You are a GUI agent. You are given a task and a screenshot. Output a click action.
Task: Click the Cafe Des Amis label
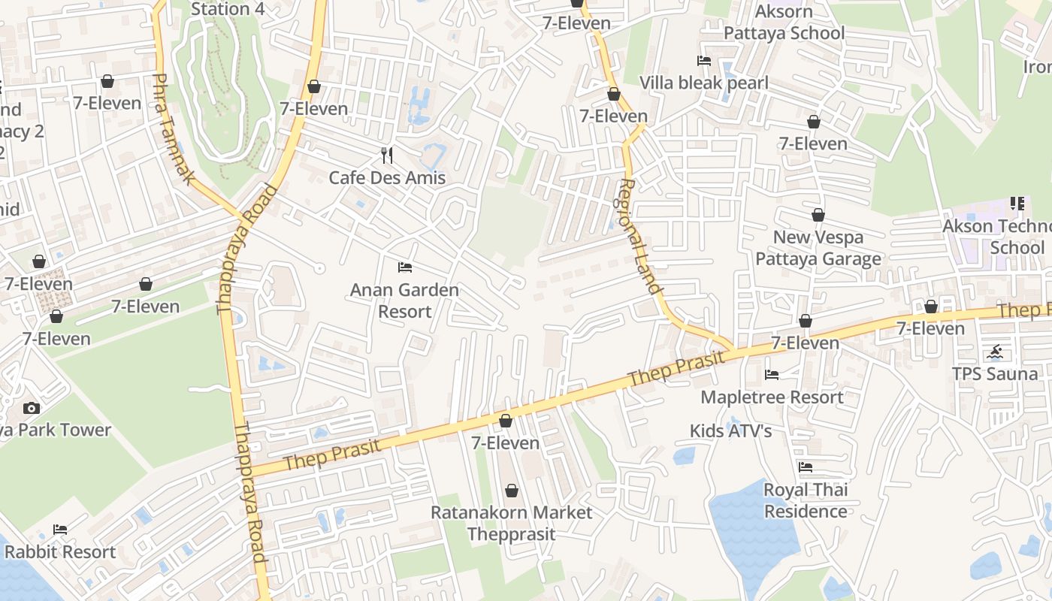pyautogui.click(x=387, y=178)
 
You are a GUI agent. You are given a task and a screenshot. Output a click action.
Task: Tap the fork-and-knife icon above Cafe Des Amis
pyautogui.click(x=387, y=156)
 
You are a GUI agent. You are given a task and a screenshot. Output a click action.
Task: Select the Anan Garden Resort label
pyautogui.click(x=404, y=300)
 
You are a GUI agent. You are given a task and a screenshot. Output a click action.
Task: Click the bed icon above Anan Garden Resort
pyautogui.click(x=405, y=267)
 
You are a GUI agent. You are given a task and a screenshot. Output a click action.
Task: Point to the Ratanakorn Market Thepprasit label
pyautogui.click(x=511, y=523)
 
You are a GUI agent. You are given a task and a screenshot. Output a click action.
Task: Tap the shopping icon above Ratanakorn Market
pyautogui.click(x=512, y=491)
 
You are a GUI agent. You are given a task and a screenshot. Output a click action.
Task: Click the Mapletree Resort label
pyautogui.click(x=772, y=397)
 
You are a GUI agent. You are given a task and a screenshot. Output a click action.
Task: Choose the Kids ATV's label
pyautogui.click(x=731, y=430)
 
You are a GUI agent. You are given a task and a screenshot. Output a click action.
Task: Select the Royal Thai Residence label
pyautogui.click(x=806, y=500)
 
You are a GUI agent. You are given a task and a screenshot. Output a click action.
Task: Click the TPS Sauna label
pyautogui.click(x=995, y=373)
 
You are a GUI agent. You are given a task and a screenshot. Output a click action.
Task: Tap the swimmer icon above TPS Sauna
pyautogui.click(x=996, y=352)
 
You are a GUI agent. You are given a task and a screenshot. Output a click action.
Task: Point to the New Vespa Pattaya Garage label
pyautogui.click(x=818, y=248)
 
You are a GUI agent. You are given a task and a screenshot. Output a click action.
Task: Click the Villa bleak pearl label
pyautogui.click(x=704, y=83)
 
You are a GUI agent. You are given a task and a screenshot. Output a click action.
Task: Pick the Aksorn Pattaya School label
pyautogui.click(x=784, y=23)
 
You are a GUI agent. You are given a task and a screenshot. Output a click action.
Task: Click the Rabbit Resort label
pyautogui.click(x=60, y=551)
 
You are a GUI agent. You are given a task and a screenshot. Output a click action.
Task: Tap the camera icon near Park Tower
pyautogui.click(x=32, y=409)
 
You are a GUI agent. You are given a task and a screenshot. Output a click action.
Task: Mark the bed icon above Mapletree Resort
pyautogui.click(x=772, y=375)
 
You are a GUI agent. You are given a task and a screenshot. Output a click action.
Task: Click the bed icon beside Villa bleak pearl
pyautogui.click(x=704, y=61)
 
